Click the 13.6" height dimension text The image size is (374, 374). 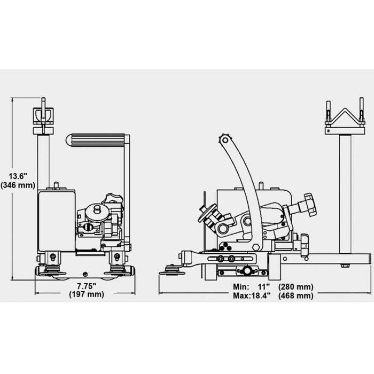point(18,176)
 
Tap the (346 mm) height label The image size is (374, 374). point(18,185)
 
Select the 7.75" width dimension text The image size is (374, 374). point(87,286)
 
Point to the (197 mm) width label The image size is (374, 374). point(87,294)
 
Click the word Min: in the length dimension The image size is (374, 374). point(241,286)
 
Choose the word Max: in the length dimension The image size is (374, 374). point(241,296)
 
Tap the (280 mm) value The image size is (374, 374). point(296,287)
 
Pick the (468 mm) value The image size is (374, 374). point(296,296)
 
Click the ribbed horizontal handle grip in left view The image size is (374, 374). point(96,141)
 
